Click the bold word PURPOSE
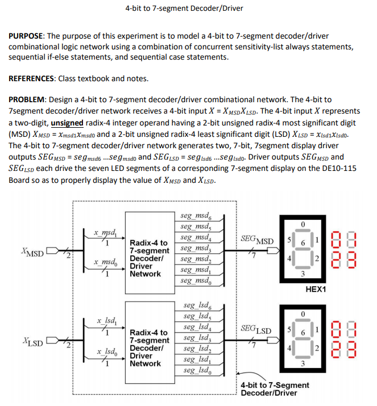pyautogui.click(x=27, y=36)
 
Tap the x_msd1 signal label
pyautogui.click(x=106, y=232)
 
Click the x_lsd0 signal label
pyautogui.click(x=106, y=353)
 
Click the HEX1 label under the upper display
pyautogui.click(x=316, y=289)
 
